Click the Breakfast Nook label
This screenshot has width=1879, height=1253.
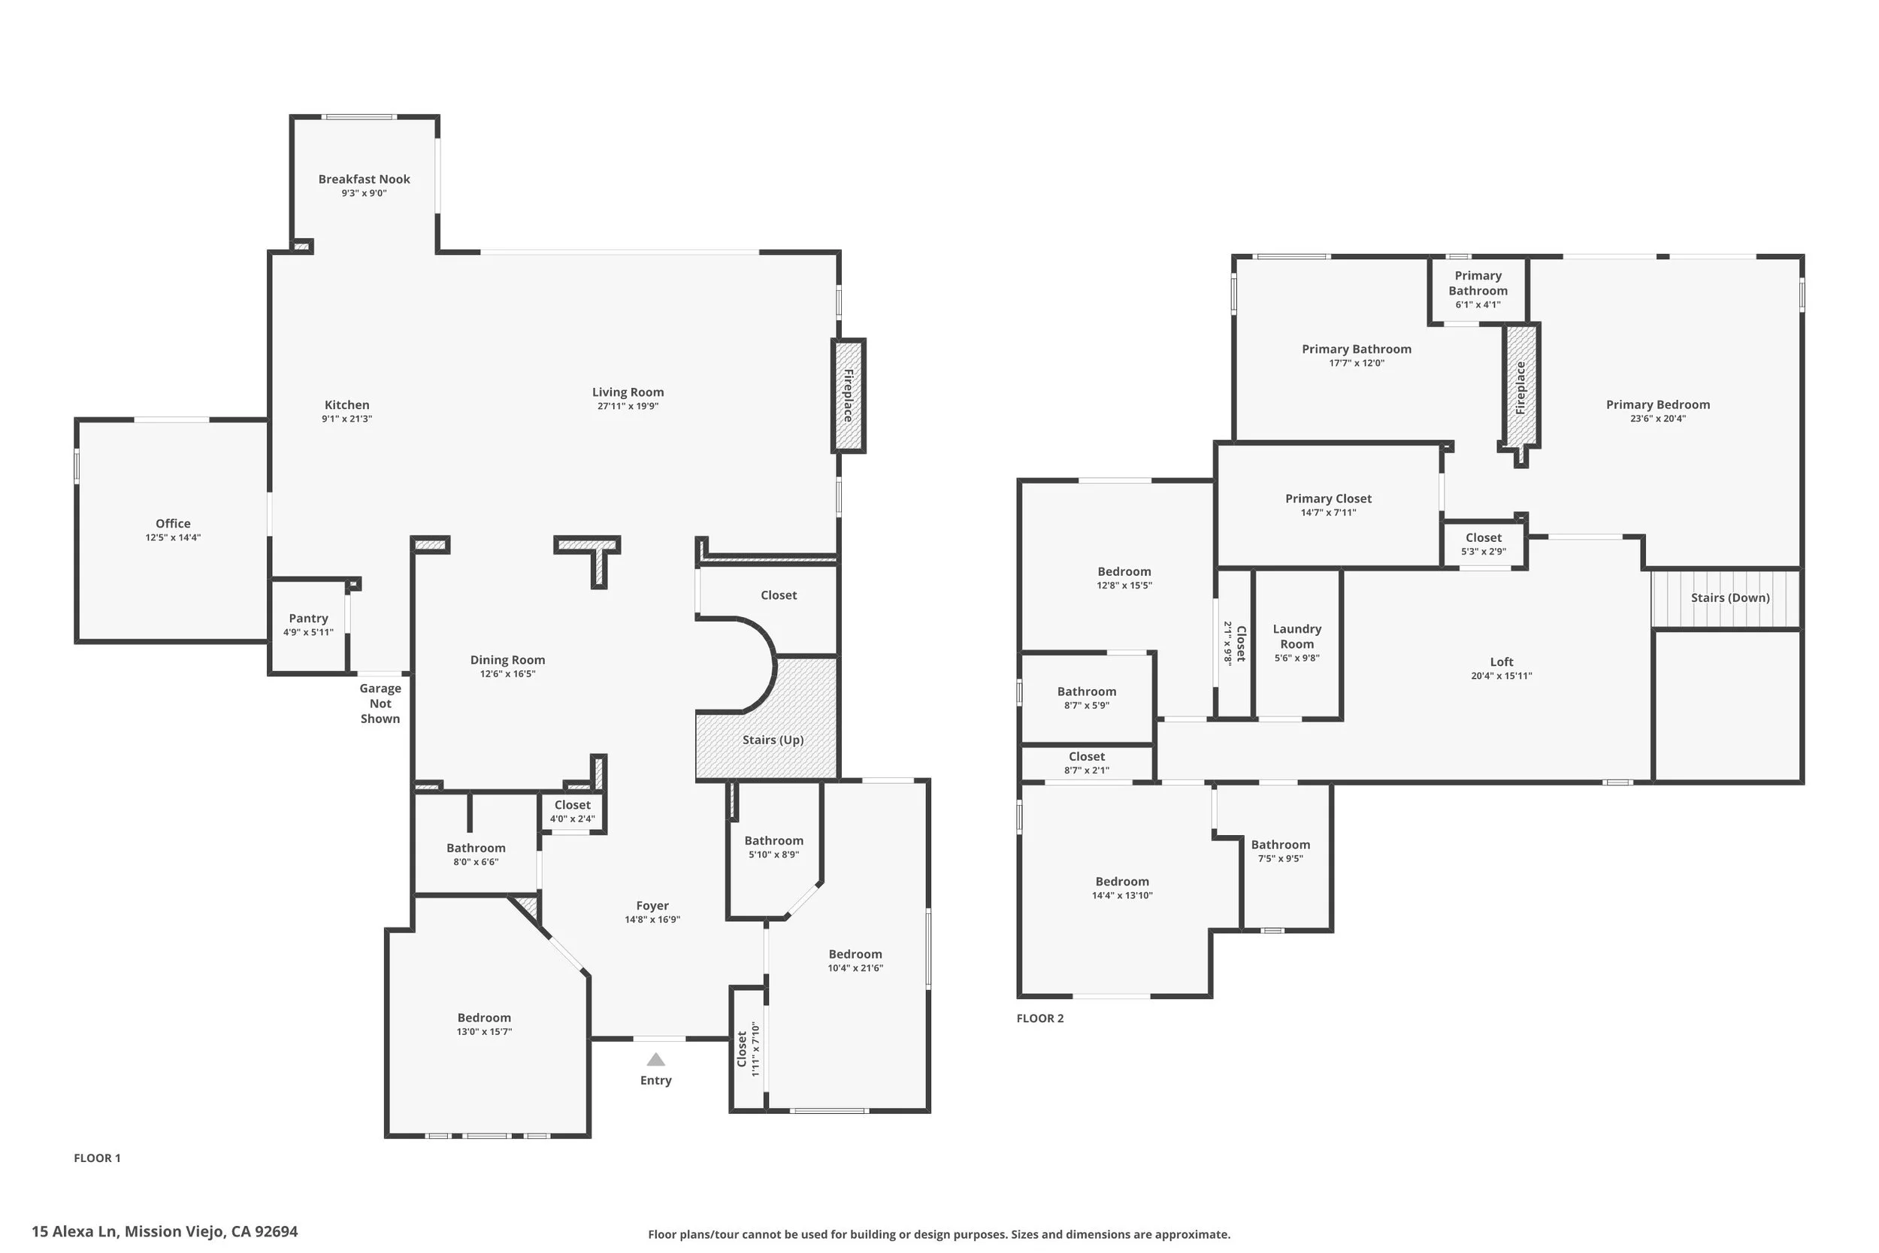click(365, 179)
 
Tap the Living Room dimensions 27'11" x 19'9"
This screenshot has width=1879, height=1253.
click(628, 406)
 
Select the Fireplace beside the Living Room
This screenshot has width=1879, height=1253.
click(849, 395)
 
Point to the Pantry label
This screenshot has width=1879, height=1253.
click(308, 619)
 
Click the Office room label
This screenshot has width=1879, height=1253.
click(174, 523)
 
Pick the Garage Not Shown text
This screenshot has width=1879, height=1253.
click(380, 704)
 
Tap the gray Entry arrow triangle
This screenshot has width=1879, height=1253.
click(656, 1060)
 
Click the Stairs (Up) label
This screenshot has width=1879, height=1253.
click(773, 740)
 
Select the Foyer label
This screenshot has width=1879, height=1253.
click(652, 906)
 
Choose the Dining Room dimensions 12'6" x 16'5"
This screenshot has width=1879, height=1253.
click(508, 673)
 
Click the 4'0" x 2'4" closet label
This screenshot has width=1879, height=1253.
click(573, 819)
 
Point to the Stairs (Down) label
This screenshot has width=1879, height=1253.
click(1730, 598)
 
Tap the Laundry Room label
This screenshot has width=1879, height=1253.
click(1297, 636)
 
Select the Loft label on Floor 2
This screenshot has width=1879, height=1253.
click(1502, 661)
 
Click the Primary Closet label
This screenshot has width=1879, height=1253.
click(1329, 498)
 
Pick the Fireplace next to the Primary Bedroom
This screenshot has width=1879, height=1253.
click(1521, 389)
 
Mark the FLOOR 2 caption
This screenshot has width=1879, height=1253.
click(1040, 1018)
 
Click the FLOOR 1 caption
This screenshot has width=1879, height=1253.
click(98, 1158)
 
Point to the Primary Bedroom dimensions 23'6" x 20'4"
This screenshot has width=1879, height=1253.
click(1659, 419)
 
